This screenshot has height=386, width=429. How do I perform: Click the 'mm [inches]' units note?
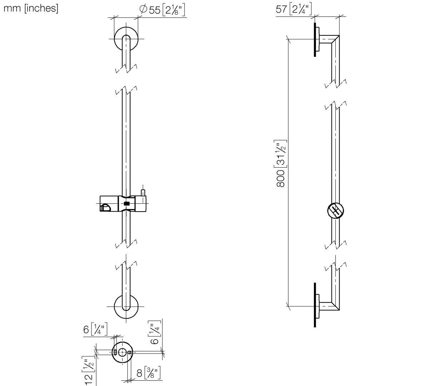31,9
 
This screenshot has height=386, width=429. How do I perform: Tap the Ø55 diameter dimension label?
162,10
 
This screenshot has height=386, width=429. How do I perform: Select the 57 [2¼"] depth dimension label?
294,9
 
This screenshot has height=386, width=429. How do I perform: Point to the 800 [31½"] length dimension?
281,164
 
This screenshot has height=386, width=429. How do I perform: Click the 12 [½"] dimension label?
88,371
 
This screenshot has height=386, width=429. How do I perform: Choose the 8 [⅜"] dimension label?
148,373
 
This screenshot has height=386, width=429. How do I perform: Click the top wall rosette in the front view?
126,39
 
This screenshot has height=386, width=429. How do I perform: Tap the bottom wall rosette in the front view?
126,306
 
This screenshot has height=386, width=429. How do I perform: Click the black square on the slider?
127,204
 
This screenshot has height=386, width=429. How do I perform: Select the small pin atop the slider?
143,193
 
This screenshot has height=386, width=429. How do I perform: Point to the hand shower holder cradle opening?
105,208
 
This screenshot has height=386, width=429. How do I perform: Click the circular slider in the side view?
336,211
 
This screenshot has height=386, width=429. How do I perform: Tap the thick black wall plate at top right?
315,40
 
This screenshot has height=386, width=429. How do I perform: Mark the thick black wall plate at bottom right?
315,305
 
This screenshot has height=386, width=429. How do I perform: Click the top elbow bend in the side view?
335,40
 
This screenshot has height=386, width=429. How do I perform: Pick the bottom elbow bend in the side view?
335,306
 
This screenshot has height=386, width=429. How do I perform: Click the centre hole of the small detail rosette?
122,352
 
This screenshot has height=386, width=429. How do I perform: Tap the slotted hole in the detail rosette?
115,352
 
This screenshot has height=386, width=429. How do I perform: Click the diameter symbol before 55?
143,9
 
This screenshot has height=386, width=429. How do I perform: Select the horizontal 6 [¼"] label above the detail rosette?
95,330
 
